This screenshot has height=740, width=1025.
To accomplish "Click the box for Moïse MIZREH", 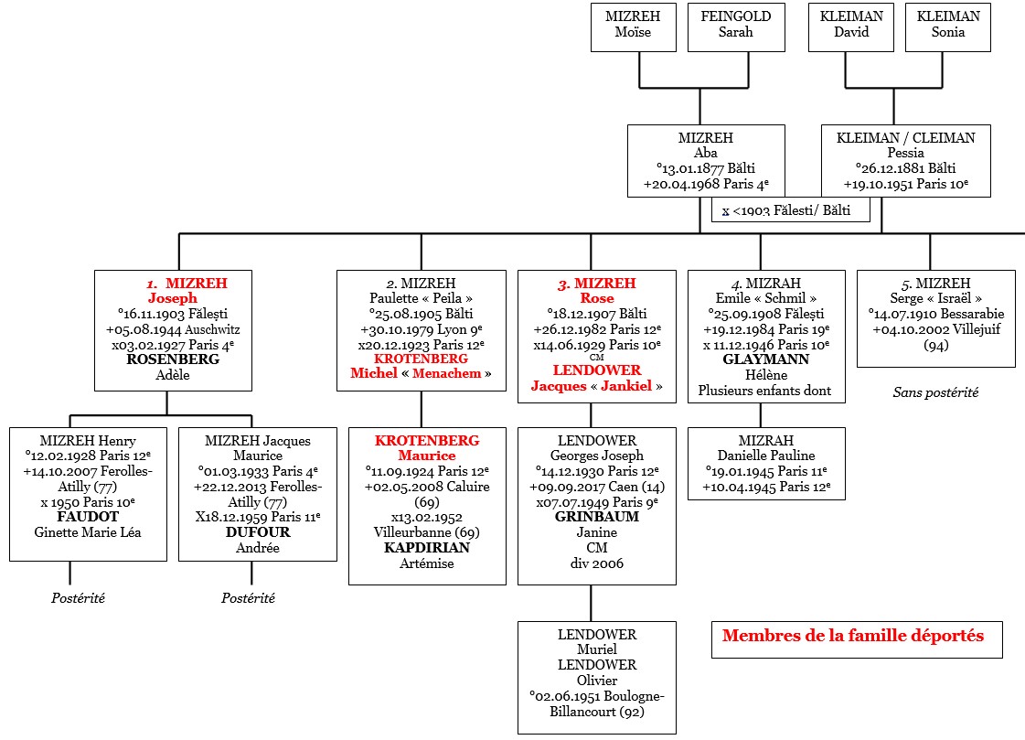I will coord(633,25).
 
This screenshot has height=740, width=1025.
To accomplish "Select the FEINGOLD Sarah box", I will coord(735,25).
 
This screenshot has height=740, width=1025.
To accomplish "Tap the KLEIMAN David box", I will coord(851,25).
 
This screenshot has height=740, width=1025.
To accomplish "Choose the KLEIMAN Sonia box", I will coord(947,25).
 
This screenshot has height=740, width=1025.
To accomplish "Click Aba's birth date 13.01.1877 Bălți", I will coord(705,168).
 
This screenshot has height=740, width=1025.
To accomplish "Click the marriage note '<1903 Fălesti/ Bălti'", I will coord(791,211).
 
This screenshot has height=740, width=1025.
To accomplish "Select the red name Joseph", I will coord(173,298).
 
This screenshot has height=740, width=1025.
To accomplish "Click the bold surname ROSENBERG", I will coord(173,359).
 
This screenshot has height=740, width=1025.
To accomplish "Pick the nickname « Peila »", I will coord(447,298).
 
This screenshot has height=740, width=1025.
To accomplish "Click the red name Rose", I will coord(597,298).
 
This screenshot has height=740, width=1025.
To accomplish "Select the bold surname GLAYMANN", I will coord(765,359).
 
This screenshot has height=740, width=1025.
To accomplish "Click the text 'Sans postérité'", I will coord(935,392).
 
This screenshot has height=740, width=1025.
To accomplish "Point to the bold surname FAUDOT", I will coord(88,517).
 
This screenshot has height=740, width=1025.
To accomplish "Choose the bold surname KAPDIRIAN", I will coord(427,548).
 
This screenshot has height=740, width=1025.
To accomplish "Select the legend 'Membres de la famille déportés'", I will coord(853,636).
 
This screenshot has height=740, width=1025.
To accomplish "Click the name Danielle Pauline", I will coord(765,456).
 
